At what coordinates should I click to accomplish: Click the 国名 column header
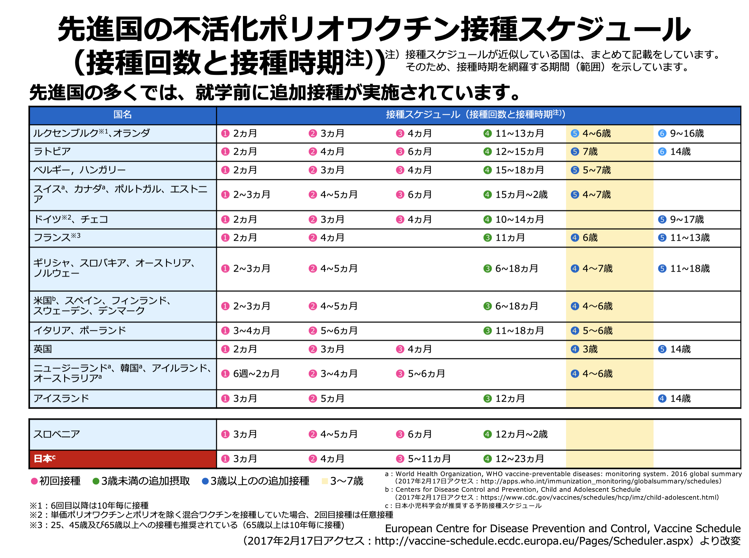122,115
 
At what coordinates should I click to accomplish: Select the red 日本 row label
44,459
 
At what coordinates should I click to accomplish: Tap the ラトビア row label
52,152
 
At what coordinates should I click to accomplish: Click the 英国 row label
42,349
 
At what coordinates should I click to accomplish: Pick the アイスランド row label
61,399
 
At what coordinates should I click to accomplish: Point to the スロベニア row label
57,434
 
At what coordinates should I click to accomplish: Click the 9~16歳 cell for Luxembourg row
686,134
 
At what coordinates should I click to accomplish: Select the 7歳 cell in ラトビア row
590,152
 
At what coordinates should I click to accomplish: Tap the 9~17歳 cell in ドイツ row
686,220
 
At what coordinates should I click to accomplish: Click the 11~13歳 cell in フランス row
690,238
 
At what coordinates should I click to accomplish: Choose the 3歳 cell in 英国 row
590,349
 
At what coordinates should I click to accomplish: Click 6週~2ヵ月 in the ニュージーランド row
256,374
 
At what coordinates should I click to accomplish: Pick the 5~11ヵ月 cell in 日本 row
429,459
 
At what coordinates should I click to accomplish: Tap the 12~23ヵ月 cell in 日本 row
519,459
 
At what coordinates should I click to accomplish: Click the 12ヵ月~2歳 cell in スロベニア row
521,434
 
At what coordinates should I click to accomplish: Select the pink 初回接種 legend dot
34,481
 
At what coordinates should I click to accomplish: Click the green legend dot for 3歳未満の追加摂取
96,481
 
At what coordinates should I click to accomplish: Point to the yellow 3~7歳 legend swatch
325,481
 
